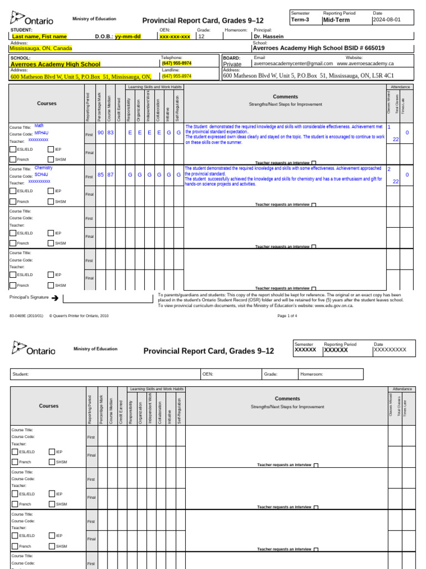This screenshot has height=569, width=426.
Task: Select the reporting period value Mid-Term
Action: (x=336, y=20)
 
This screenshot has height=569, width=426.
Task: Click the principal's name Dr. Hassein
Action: (x=268, y=36)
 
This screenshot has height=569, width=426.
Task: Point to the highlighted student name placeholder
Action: (x=39, y=36)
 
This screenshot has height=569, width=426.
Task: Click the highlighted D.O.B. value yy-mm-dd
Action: (x=128, y=36)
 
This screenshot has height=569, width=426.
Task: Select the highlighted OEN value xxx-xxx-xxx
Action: (x=174, y=36)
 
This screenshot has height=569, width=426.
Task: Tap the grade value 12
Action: (x=201, y=36)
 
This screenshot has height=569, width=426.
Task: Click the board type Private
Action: (x=232, y=64)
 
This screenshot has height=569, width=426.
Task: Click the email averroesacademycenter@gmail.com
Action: (x=293, y=63)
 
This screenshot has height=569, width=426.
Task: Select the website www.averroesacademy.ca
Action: (x=365, y=63)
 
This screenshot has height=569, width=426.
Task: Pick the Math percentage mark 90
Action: (x=100, y=133)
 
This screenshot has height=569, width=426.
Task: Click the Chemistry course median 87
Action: (x=110, y=174)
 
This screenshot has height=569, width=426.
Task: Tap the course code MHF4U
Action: (x=42, y=133)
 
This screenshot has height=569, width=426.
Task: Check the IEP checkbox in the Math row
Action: (x=51, y=149)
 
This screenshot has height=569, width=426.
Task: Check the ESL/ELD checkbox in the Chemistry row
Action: (x=13, y=191)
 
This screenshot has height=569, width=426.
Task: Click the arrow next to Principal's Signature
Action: (x=55, y=298)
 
